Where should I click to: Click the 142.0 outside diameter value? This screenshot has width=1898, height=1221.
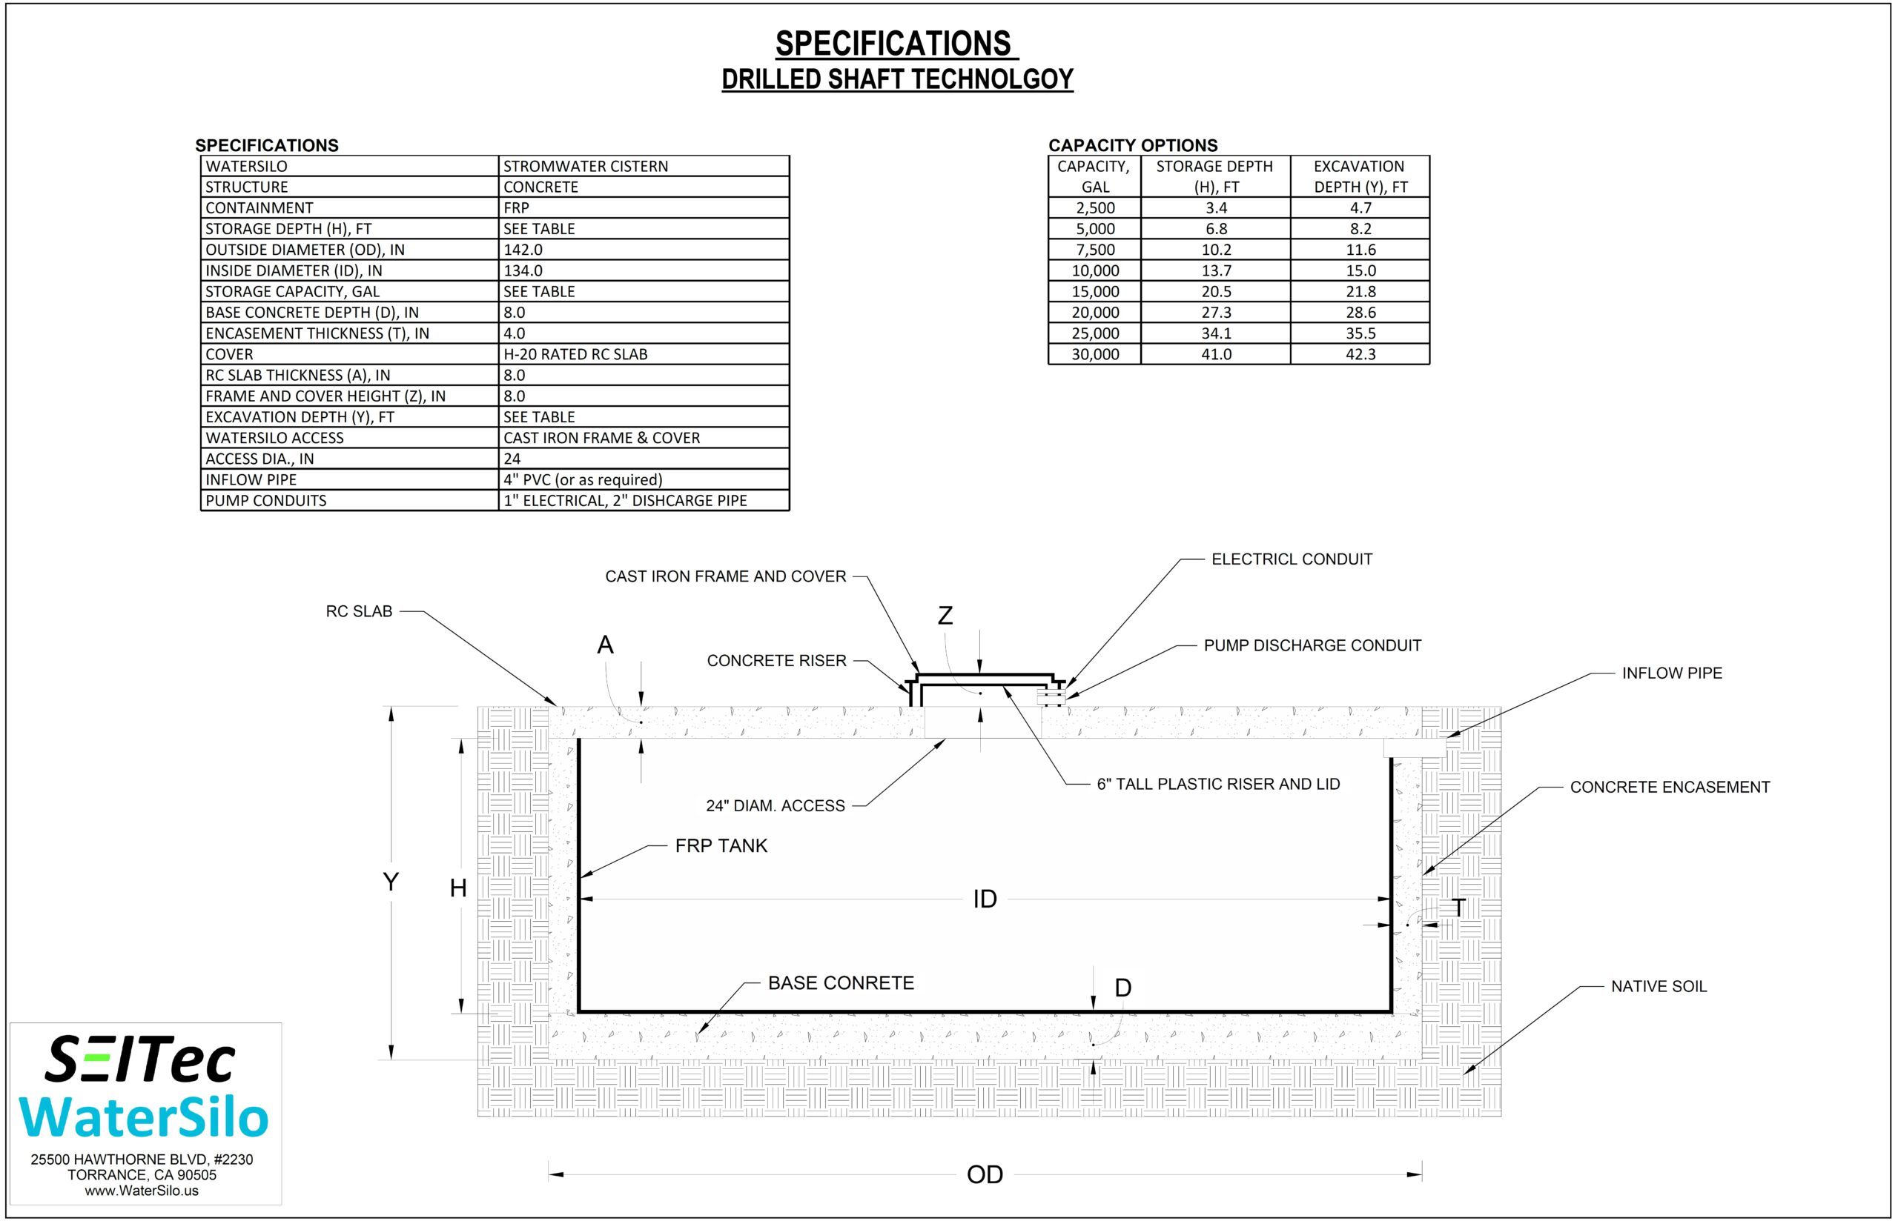pyautogui.click(x=523, y=250)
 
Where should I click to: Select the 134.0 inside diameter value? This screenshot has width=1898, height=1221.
pyautogui.click(x=523, y=270)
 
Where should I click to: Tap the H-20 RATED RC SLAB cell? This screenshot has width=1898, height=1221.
pyautogui.click(x=575, y=354)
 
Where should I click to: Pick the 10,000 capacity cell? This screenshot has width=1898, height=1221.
pyautogui.click(x=1095, y=270)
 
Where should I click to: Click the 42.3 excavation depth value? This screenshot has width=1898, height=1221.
pyautogui.click(x=1360, y=354)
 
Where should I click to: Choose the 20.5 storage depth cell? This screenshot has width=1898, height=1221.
pyautogui.click(x=1216, y=292)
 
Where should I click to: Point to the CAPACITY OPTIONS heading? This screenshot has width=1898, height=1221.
pyautogui.click(x=1133, y=145)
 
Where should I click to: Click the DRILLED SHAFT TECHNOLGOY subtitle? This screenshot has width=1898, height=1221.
pyautogui.click(x=897, y=79)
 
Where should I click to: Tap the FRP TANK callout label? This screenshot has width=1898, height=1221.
pyautogui.click(x=721, y=846)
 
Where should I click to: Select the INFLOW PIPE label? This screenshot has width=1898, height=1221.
pyautogui.click(x=1672, y=673)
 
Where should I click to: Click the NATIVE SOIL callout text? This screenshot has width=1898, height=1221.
pyautogui.click(x=1659, y=986)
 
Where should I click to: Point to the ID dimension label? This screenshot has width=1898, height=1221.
pyautogui.click(x=985, y=899)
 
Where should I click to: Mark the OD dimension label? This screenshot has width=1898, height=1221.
pyautogui.click(x=985, y=1174)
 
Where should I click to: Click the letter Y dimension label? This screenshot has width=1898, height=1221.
pyautogui.click(x=390, y=882)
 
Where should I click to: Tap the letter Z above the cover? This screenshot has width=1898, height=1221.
pyautogui.click(x=945, y=615)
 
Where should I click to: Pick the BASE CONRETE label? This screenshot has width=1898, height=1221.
pyautogui.click(x=841, y=983)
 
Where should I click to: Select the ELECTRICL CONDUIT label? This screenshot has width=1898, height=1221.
pyautogui.click(x=1292, y=559)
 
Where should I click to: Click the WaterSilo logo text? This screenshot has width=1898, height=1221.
pyautogui.click(x=144, y=1117)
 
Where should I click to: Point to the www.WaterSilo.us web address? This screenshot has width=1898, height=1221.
pyautogui.click(x=142, y=1191)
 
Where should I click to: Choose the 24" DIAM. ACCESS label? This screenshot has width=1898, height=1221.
pyautogui.click(x=775, y=806)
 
